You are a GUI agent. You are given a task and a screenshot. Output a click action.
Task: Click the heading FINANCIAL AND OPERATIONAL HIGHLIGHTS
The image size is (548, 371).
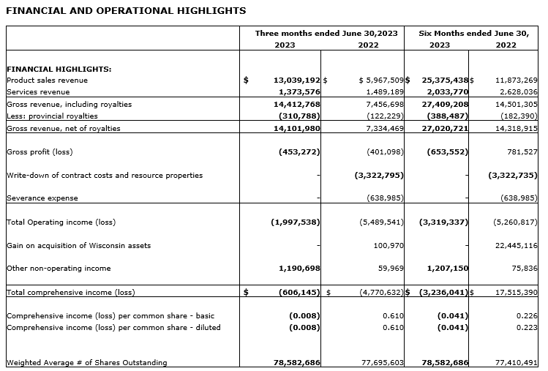(x=126, y=11)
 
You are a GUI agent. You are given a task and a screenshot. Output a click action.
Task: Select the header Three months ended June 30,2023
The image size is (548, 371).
(x=326, y=34)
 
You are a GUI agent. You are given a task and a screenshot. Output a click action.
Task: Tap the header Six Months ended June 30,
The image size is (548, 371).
(x=473, y=34)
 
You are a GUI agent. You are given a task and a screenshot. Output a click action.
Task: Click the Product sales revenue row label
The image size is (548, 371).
(x=47, y=80)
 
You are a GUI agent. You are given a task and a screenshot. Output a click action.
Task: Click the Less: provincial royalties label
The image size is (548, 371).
(x=52, y=116)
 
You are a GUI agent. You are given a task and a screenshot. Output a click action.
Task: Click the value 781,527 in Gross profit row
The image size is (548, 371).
(x=519, y=152)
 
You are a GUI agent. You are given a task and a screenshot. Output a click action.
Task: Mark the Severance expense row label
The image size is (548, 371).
(x=42, y=198)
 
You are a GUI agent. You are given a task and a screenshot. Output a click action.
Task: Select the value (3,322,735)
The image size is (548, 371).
(x=513, y=176)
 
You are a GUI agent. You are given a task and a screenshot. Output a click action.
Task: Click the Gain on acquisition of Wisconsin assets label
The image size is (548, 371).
(x=78, y=245)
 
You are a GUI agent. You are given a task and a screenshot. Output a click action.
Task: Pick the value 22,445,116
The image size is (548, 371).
(x=516, y=245)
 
